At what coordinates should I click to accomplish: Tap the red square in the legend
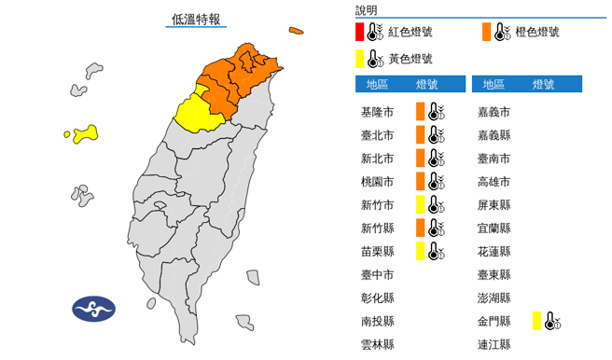(x=360, y=32)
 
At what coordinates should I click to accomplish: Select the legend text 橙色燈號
(x=538, y=32)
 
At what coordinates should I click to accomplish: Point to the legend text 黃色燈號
(x=410, y=59)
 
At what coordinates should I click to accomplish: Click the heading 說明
(x=367, y=10)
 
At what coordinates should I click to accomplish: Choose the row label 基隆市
(x=377, y=112)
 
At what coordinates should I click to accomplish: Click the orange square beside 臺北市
(x=421, y=135)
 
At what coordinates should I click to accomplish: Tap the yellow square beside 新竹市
(x=421, y=204)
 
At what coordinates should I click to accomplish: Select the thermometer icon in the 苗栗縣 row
(x=435, y=250)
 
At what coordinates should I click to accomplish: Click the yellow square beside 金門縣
(x=537, y=322)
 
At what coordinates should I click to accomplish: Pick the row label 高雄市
(x=494, y=182)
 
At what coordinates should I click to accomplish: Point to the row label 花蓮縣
(x=494, y=252)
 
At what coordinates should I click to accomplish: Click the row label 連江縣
(x=494, y=345)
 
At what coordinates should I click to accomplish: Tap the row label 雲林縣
(x=377, y=345)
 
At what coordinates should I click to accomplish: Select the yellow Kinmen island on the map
(x=85, y=134)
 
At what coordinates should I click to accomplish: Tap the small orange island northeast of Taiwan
(x=297, y=31)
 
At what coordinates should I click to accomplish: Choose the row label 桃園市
(x=377, y=182)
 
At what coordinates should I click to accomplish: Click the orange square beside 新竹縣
(x=421, y=228)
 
